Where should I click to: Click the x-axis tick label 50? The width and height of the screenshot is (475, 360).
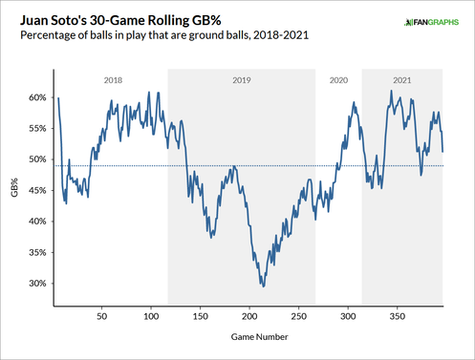click(x=101, y=313)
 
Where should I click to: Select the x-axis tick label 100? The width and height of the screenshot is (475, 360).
click(x=151, y=313)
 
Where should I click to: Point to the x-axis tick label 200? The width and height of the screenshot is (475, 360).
click(x=250, y=313)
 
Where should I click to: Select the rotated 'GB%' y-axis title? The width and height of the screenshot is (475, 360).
click(x=14, y=188)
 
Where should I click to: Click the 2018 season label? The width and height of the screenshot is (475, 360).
click(x=113, y=80)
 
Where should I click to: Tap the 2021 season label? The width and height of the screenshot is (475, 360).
click(x=401, y=80)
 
